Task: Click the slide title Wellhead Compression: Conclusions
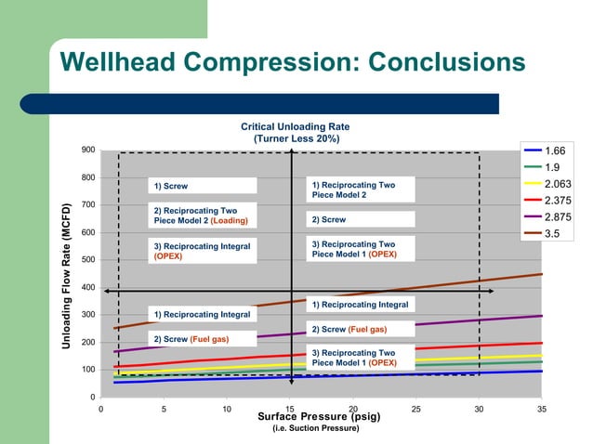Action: pyautogui.click(x=292, y=62)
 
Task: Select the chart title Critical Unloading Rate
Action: pyautogui.click(x=296, y=126)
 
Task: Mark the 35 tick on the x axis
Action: pyautogui.click(x=542, y=408)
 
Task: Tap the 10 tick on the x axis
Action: pyautogui.click(x=227, y=408)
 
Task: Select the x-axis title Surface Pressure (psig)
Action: pyautogui.click(x=319, y=416)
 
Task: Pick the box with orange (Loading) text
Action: pyautogui.click(x=200, y=215)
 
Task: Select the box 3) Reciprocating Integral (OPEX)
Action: pyautogui.click(x=200, y=251)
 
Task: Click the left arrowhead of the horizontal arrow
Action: pyautogui.click(x=106, y=292)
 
